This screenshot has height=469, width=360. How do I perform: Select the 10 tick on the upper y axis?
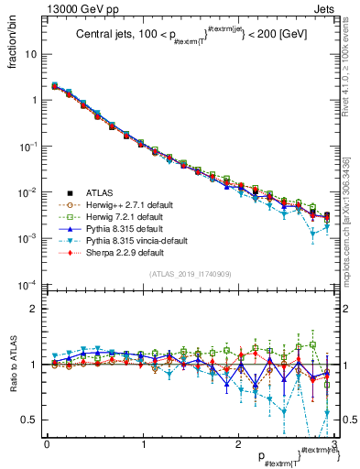tap(33, 54)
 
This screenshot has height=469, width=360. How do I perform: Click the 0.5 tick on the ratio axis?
tap(30, 420)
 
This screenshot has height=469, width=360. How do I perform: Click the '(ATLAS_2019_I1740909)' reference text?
tap(188, 275)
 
